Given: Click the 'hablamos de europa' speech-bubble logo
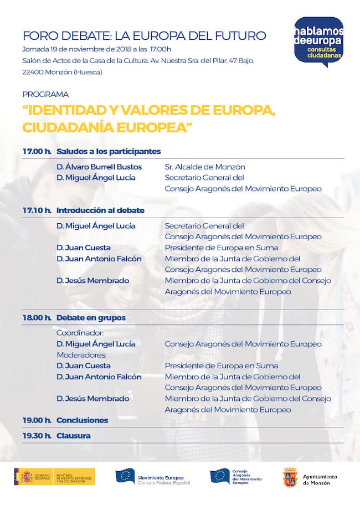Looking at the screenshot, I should [x=318, y=42].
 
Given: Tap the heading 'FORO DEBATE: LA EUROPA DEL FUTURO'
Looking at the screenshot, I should [x=144, y=36].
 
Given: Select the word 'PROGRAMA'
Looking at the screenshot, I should [x=45, y=94].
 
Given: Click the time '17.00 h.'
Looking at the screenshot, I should [x=37, y=151].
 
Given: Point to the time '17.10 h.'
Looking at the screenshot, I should [x=37, y=210].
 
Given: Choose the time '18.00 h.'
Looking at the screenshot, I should [x=37, y=318].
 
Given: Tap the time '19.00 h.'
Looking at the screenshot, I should [x=37, y=420].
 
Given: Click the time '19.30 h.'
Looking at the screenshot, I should [x=37, y=436].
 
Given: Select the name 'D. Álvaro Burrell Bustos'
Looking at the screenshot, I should [x=99, y=167].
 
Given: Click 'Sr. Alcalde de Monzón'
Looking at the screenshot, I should [x=205, y=167].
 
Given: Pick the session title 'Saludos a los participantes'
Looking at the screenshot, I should [x=109, y=151].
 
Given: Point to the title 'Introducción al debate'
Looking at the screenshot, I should [x=100, y=210].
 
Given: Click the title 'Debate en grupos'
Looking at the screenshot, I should [x=91, y=318].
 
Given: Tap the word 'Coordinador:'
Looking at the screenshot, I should [x=80, y=333].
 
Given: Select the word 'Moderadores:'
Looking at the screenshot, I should [x=81, y=354].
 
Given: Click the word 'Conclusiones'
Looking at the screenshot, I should [x=82, y=420].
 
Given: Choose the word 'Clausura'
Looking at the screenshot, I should [x=73, y=436].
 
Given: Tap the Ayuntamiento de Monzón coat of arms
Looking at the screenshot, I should [x=290, y=477].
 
